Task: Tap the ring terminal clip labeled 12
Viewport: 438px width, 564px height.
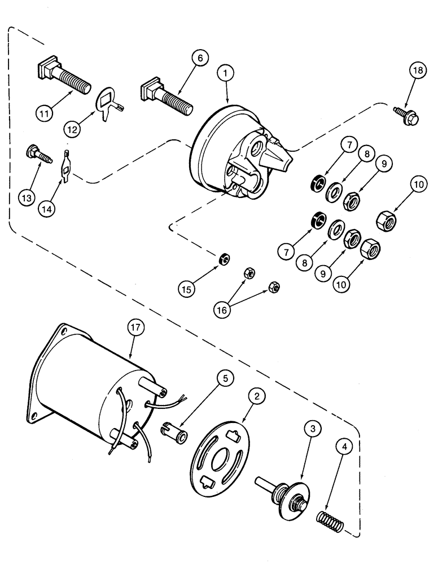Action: pyautogui.click(x=107, y=103)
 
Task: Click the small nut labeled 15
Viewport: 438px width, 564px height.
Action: pyautogui.click(x=223, y=259)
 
